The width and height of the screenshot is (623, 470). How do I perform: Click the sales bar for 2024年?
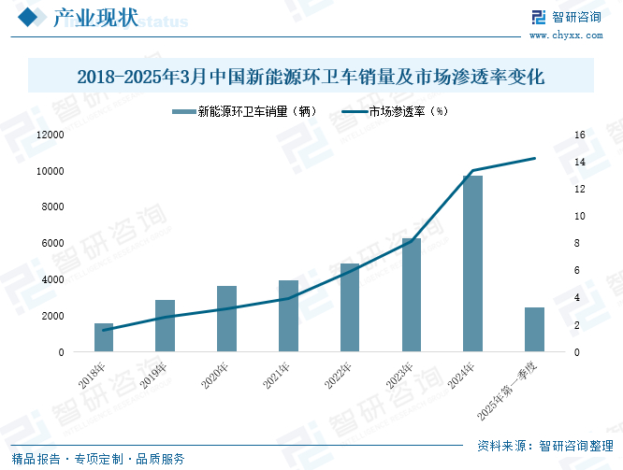472,263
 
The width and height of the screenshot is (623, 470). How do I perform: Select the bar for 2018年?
104,337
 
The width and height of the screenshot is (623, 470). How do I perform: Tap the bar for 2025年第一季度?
534,330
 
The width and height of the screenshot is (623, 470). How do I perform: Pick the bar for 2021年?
288,316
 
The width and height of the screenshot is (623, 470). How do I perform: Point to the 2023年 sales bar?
412,295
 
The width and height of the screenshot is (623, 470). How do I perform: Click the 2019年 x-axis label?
153,376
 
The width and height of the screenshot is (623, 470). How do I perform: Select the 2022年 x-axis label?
338,376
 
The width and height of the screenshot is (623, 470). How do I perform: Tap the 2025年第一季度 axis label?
507,391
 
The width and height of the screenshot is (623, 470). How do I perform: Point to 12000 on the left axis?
51,135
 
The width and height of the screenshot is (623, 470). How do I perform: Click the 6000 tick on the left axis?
52,243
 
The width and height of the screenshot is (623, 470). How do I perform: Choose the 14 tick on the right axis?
580,162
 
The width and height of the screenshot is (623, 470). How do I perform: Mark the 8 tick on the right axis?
577,243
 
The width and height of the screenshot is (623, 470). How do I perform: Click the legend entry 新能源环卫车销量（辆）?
245,111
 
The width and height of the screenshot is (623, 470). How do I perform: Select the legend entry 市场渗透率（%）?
395,111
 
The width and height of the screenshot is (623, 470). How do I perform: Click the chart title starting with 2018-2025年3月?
311,77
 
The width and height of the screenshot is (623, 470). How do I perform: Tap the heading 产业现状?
95,18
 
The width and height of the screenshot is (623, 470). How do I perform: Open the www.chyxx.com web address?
566,36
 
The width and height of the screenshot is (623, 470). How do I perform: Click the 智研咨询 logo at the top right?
567,17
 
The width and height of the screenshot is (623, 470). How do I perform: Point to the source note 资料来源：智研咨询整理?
545,446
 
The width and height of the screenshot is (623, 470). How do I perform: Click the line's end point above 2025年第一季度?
534,159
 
